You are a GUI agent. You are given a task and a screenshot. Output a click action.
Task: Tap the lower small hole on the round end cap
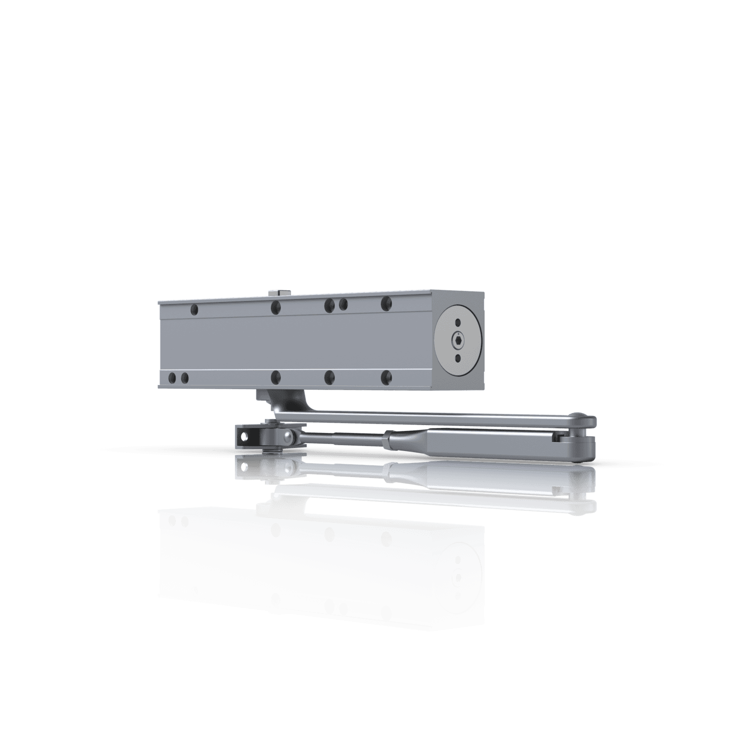[x=458, y=358]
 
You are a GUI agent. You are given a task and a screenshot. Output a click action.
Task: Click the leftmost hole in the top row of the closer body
[x=194, y=310]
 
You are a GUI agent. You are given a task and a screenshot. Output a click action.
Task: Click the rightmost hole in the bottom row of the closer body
[x=386, y=376]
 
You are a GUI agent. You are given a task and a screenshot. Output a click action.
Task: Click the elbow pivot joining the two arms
[x=580, y=434]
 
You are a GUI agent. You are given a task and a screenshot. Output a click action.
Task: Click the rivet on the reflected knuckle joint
[x=287, y=468]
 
